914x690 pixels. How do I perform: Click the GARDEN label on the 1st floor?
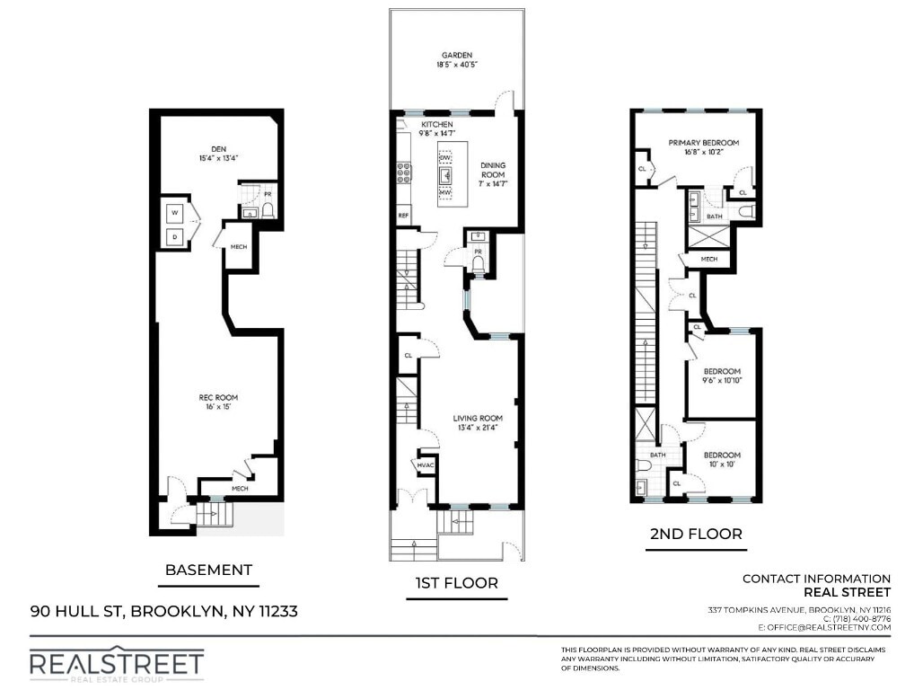tap(455, 55)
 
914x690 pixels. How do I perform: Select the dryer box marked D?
tap(176, 236)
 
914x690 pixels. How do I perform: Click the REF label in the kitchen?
tap(404, 216)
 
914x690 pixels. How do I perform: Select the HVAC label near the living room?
tap(424, 465)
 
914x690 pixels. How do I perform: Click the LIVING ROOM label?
tap(477, 418)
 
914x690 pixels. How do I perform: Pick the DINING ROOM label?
tap(493, 170)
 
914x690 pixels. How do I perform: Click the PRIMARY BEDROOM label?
tap(703, 143)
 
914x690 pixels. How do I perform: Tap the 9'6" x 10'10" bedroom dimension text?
tap(722, 381)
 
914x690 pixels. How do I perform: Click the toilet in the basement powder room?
tap(266, 210)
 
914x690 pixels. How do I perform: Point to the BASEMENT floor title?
tap(208, 570)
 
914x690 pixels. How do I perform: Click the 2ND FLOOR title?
tap(696, 534)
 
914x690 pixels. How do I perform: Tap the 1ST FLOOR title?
tap(456, 583)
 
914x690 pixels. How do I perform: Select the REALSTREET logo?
tap(117, 664)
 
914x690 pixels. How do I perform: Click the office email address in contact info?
tap(824, 627)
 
